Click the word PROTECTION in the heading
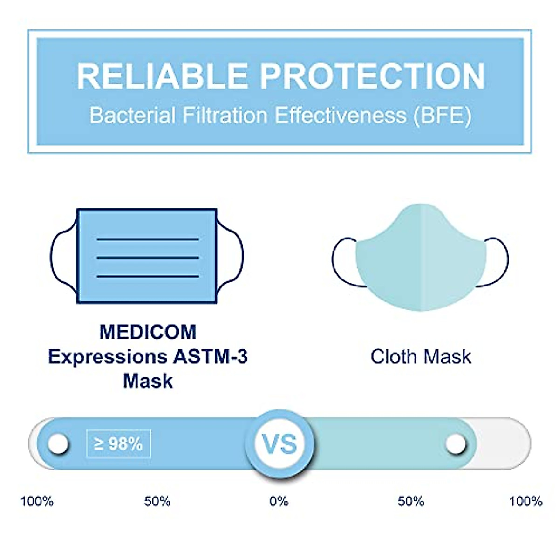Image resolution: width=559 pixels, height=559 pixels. click(x=373, y=76)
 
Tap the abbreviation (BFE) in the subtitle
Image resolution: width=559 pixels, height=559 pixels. click(x=442, y=115)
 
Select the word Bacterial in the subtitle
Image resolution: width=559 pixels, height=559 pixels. click(x=132, y=115)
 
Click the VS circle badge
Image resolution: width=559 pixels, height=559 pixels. click(x=279, y=443)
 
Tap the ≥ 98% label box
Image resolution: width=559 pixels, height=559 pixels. click(x=119, y=443)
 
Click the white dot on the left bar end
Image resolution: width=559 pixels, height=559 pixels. click(x=58, y=443)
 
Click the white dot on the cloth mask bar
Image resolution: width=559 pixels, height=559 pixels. click(x=455, y=443)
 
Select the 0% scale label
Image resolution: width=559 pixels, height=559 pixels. click(x=279, y=501)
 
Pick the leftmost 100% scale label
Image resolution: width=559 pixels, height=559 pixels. click(x=37, y=501)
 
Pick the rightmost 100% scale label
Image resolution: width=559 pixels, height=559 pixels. click(x=525, y=501)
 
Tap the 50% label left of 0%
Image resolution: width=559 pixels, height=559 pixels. click(x=157, y=501)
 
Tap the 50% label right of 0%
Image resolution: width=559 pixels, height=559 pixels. click(x=411, y=501)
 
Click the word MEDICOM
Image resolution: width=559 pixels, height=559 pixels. click(x=148, y=332)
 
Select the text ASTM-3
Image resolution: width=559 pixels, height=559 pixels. click(x=210, y=357)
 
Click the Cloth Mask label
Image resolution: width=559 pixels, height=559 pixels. click(x=421, y=357)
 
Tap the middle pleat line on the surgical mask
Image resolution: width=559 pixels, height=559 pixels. click(x=148, y=258)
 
